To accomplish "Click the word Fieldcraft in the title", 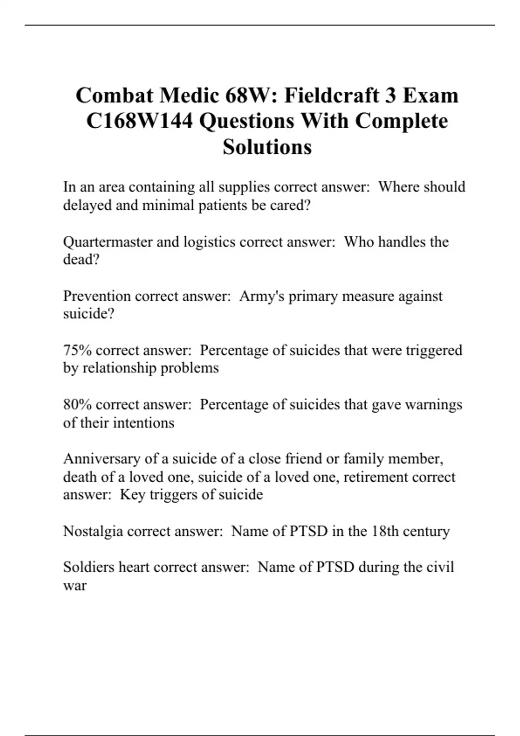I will coord(331,96).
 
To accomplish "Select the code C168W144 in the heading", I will coord(139,121).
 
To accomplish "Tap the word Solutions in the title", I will coord(267,147).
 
